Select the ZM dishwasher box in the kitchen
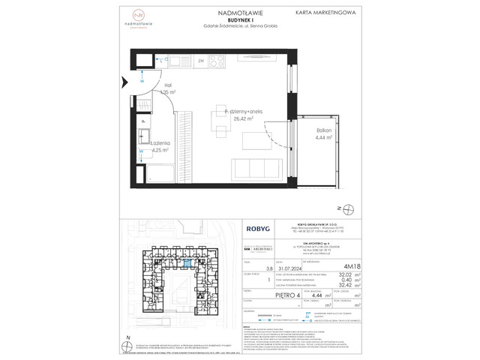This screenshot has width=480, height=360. (201, 61)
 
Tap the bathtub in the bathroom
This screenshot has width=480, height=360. (160, 174)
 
